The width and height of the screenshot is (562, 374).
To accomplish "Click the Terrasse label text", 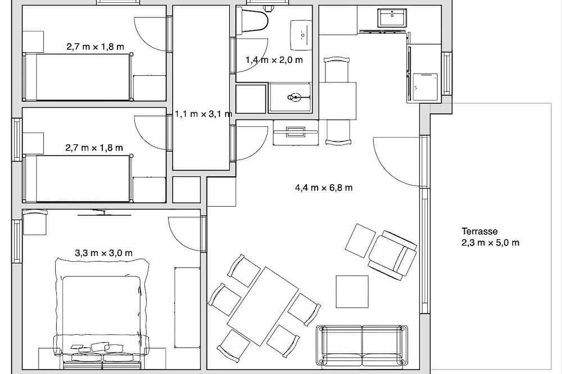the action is tap(479, 231).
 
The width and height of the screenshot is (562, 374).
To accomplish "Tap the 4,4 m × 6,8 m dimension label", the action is tap(324, 188).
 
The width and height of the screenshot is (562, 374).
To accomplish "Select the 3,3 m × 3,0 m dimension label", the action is tap(103, 253).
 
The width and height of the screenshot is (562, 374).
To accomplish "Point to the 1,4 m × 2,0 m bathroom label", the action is tap(274, 60).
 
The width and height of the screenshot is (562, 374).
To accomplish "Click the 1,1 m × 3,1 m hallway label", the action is tap(203, 114).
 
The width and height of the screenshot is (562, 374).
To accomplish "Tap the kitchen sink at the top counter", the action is tap(392, 17).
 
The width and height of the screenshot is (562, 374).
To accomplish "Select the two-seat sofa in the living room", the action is tap(362, 346).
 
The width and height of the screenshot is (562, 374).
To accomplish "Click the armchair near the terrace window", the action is tap(393, 255).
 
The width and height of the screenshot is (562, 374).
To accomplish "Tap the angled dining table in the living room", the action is tap(262, 305).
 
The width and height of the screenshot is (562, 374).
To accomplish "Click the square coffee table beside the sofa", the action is tap(352, 291).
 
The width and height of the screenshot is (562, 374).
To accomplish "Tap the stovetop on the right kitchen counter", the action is tap(425, 86).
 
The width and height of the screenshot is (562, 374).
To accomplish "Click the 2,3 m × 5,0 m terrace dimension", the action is tap(490, 243).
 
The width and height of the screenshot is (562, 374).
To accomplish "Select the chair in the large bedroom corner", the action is tap(35, 222).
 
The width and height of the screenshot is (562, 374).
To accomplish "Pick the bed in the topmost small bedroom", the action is tap(78, 77).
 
